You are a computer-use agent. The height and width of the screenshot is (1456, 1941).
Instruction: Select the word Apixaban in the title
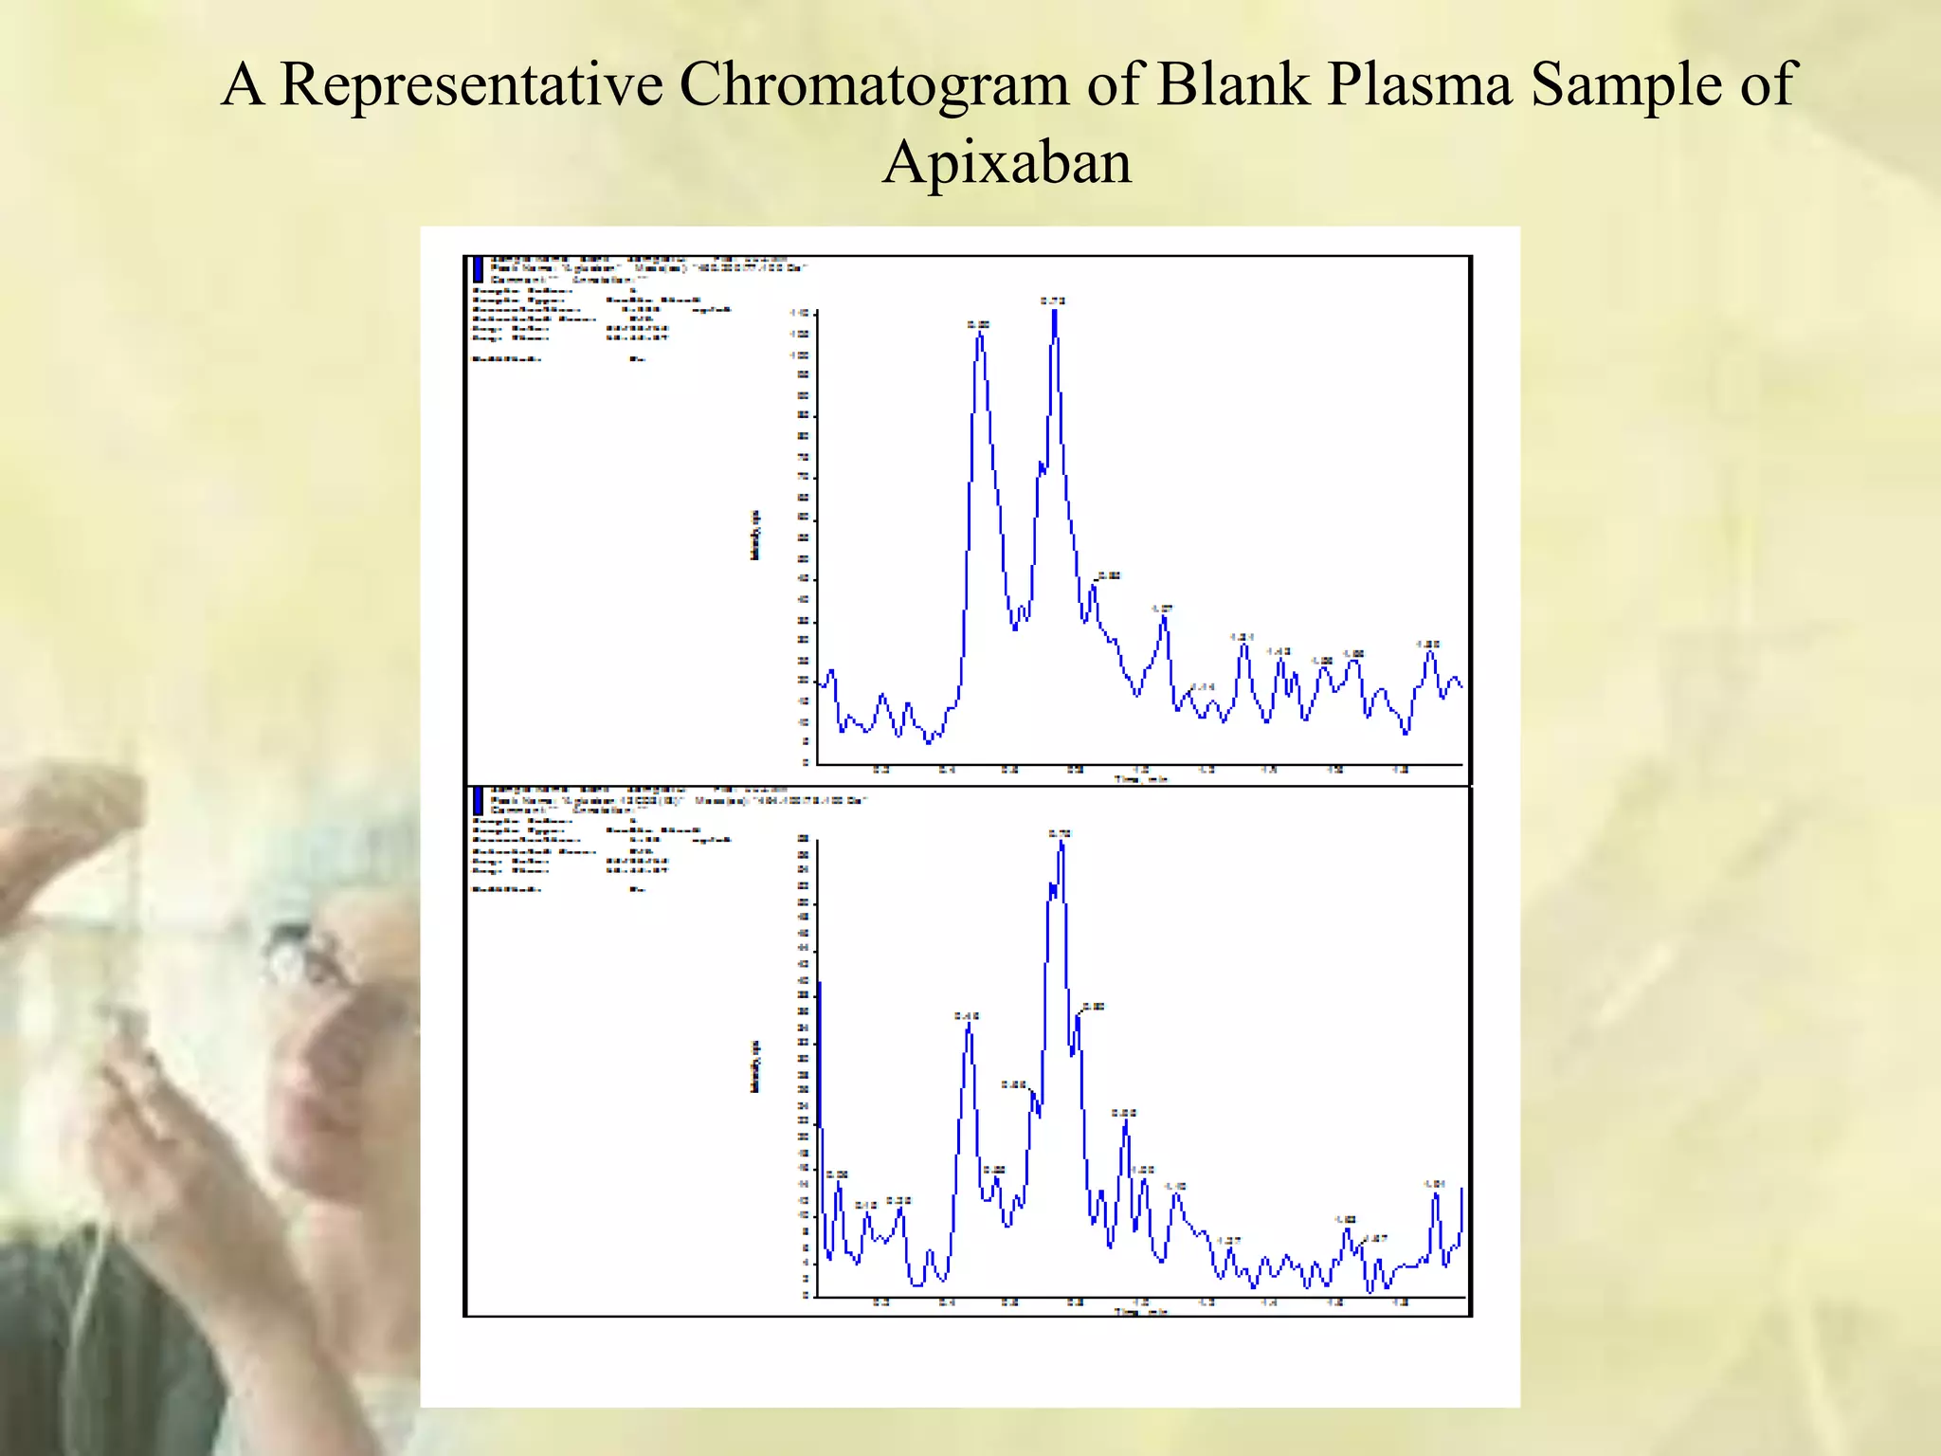[x=1007, y=162]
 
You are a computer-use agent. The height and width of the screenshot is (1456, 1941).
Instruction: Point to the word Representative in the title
[x=472, y=84]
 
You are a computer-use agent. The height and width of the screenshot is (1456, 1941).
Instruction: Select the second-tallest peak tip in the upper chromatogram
[x=980, y=335]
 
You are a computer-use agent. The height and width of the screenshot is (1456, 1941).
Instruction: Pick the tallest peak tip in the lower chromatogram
[x=1061, y=843]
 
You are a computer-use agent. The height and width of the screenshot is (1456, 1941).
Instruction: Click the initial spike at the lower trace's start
[x=820, y=986]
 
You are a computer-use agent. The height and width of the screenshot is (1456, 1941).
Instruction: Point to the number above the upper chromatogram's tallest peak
[x=1053, y=300]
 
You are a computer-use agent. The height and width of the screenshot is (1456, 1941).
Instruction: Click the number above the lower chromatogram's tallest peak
[x=1061, y=832]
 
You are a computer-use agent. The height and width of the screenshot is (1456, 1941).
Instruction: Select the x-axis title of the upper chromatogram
[x=1140, y=779]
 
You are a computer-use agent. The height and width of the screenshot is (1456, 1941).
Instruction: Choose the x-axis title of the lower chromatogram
[x=1140, y=1312]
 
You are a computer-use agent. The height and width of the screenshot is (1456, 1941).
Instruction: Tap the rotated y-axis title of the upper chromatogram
[x=755, y=536]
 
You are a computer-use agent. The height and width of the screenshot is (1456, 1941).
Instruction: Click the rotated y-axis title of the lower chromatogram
[x=755, y=1066]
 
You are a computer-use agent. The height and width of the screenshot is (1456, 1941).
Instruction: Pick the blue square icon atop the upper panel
[x=479, y=270]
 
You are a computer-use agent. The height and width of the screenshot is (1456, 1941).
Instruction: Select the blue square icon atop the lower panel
[x=479, y=801]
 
